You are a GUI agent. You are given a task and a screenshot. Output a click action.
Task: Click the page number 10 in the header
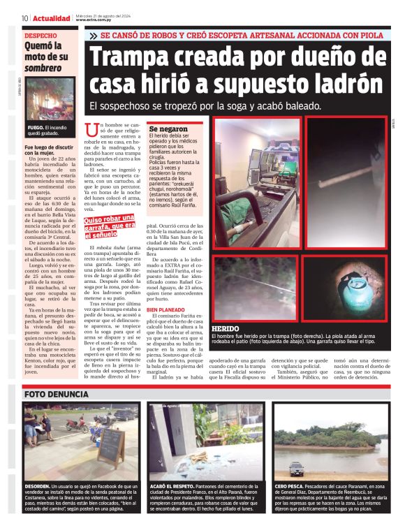pos(24,18)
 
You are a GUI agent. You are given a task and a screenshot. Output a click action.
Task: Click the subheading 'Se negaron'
pos(168,130)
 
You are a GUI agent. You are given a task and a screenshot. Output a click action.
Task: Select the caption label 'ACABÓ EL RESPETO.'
pos(175,485)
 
